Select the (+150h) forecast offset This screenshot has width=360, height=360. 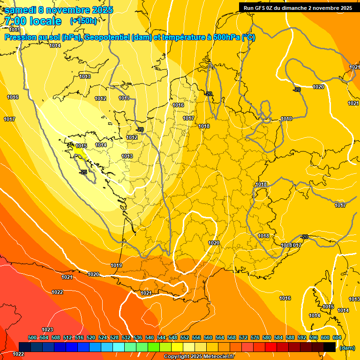83,21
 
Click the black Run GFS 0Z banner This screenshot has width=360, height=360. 298,7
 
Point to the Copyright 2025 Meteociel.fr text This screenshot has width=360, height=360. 199,357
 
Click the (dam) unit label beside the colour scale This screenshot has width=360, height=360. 347,348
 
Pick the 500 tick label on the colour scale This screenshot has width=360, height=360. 32,338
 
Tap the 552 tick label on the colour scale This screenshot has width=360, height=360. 185,338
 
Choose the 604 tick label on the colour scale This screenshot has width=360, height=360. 337,338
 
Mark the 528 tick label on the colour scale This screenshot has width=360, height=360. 114,338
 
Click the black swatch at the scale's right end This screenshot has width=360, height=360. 330,347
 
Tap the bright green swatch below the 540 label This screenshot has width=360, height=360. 153,347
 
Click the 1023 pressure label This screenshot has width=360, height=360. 47,330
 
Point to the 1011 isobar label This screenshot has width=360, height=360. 124,98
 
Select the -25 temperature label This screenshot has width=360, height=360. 83,172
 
